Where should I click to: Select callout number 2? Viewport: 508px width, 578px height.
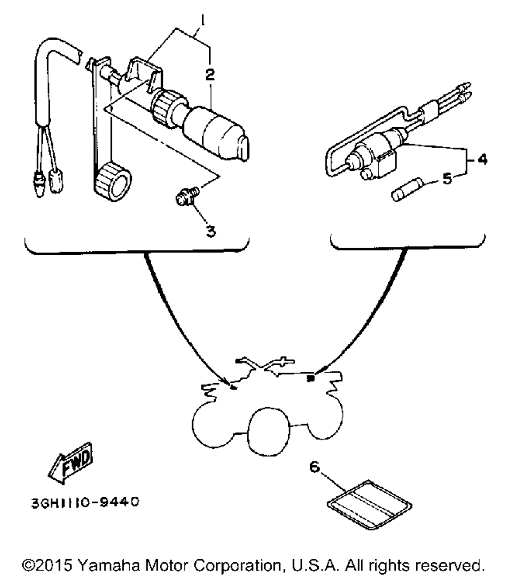tap(209, 75)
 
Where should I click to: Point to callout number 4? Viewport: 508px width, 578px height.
tap(482, 159)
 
